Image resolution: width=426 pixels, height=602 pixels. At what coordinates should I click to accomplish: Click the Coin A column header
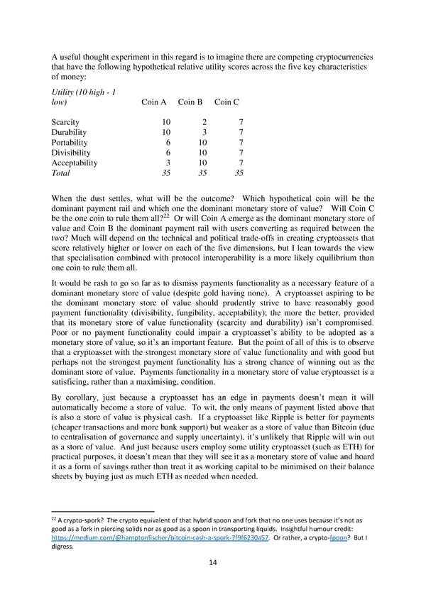pyautogui.click(x=153, y=102)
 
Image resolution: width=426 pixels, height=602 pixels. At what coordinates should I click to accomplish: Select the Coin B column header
pyautogui.click(x=190, y=102)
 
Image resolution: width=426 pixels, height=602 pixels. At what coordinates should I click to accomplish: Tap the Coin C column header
pyautogui.click(x=226, y=102)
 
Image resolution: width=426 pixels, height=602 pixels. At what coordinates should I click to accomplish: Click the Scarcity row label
pyautogui.click(x=65, y=122)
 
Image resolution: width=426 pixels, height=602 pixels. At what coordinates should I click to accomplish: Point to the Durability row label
pyautogui.click(x=69, y=132)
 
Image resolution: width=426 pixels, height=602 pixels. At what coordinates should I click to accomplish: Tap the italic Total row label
pyautogui.click(x=61, y=173)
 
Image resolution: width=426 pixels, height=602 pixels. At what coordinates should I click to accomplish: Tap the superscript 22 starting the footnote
pyautogui.click(x=55, y=520)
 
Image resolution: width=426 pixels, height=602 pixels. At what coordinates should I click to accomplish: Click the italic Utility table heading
pyautogui.click(x=78, y=97)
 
